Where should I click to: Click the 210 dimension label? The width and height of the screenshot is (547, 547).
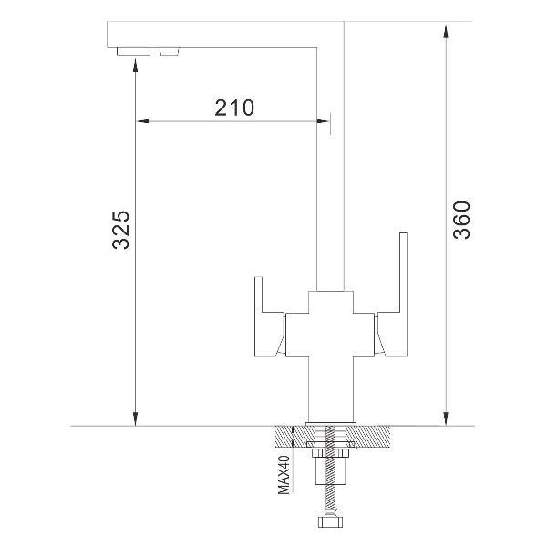(x=234, y=108)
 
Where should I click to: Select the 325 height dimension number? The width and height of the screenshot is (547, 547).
(x=121, y=230)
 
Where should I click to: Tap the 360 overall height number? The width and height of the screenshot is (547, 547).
(x=461, y=220)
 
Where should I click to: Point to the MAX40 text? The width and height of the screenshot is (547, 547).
(x=284, y=474)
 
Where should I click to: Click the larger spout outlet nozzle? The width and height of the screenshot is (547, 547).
(x=134, y=51)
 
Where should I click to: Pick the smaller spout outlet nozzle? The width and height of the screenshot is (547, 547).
(x=170, y=51)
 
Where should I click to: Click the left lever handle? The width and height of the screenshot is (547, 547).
(x=269, y=316)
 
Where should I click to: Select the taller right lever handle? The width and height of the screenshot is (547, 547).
(x=391, y=295)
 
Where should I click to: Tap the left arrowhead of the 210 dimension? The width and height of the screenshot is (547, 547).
(x=142, y=121)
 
